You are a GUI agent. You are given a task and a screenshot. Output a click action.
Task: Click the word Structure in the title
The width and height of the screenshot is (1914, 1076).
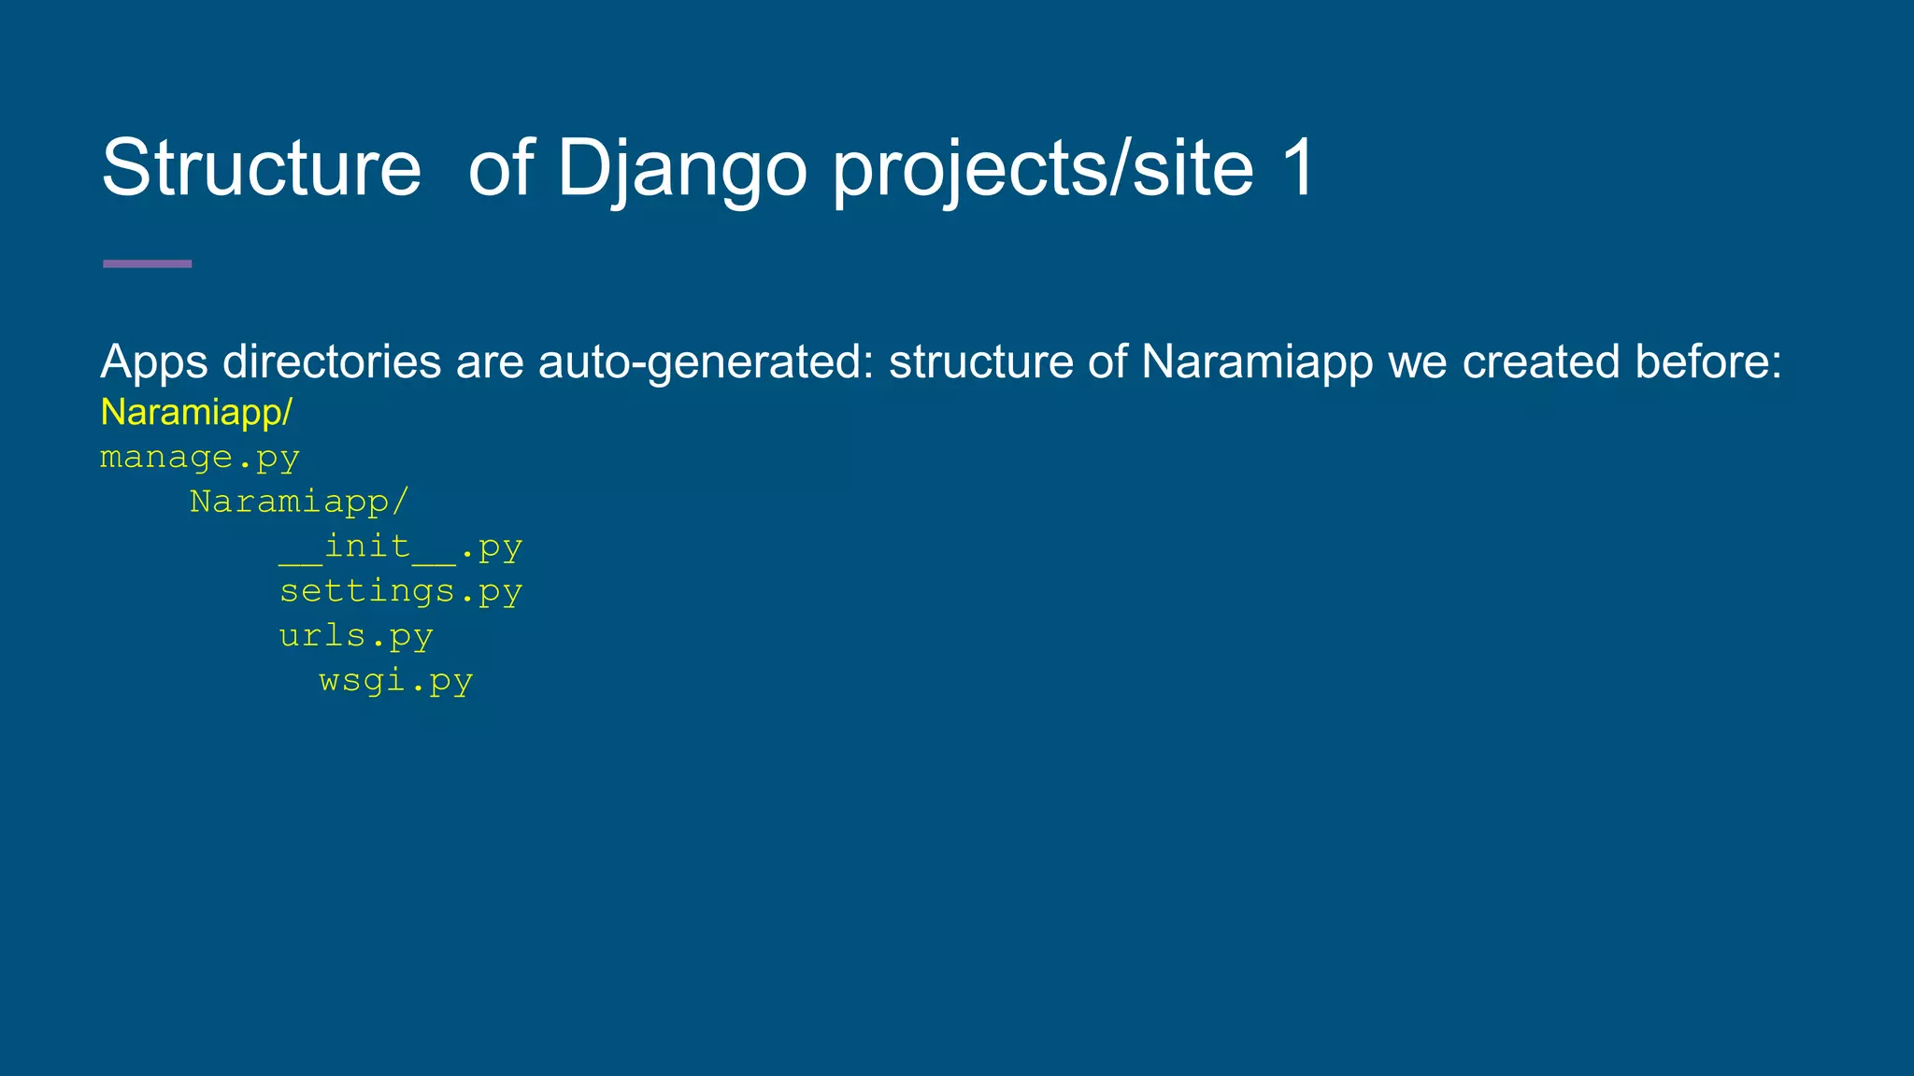261,168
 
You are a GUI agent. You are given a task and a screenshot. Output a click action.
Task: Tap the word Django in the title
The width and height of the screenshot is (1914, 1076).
681,168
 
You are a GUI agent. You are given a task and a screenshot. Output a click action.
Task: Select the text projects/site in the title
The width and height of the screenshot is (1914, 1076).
1043,168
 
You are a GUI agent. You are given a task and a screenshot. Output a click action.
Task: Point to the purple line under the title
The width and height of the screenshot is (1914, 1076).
147,264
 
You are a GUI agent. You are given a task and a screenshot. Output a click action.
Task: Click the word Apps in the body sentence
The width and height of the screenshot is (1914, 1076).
153,362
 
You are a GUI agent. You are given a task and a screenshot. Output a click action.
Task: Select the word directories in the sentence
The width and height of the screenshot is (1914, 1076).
332,362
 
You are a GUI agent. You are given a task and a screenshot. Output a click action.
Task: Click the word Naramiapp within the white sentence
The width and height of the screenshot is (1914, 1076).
1256,362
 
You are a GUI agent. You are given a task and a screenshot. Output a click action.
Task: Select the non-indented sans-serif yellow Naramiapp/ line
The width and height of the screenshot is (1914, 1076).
196,412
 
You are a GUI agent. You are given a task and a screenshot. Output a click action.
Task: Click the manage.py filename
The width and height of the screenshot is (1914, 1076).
200,458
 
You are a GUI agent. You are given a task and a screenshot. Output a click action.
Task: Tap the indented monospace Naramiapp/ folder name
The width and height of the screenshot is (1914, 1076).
299,503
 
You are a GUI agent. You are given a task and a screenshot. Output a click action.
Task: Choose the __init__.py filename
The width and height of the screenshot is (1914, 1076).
400,546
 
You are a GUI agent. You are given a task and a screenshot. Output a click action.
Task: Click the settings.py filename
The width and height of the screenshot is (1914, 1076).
400,591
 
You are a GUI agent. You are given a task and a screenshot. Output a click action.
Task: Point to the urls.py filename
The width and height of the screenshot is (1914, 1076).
356,636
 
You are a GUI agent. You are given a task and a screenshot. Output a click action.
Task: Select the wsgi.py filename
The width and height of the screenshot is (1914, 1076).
395,681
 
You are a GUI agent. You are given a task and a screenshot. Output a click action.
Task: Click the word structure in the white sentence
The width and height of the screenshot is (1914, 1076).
980,362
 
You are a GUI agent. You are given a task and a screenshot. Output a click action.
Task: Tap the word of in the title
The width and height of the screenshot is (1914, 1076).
500,168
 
